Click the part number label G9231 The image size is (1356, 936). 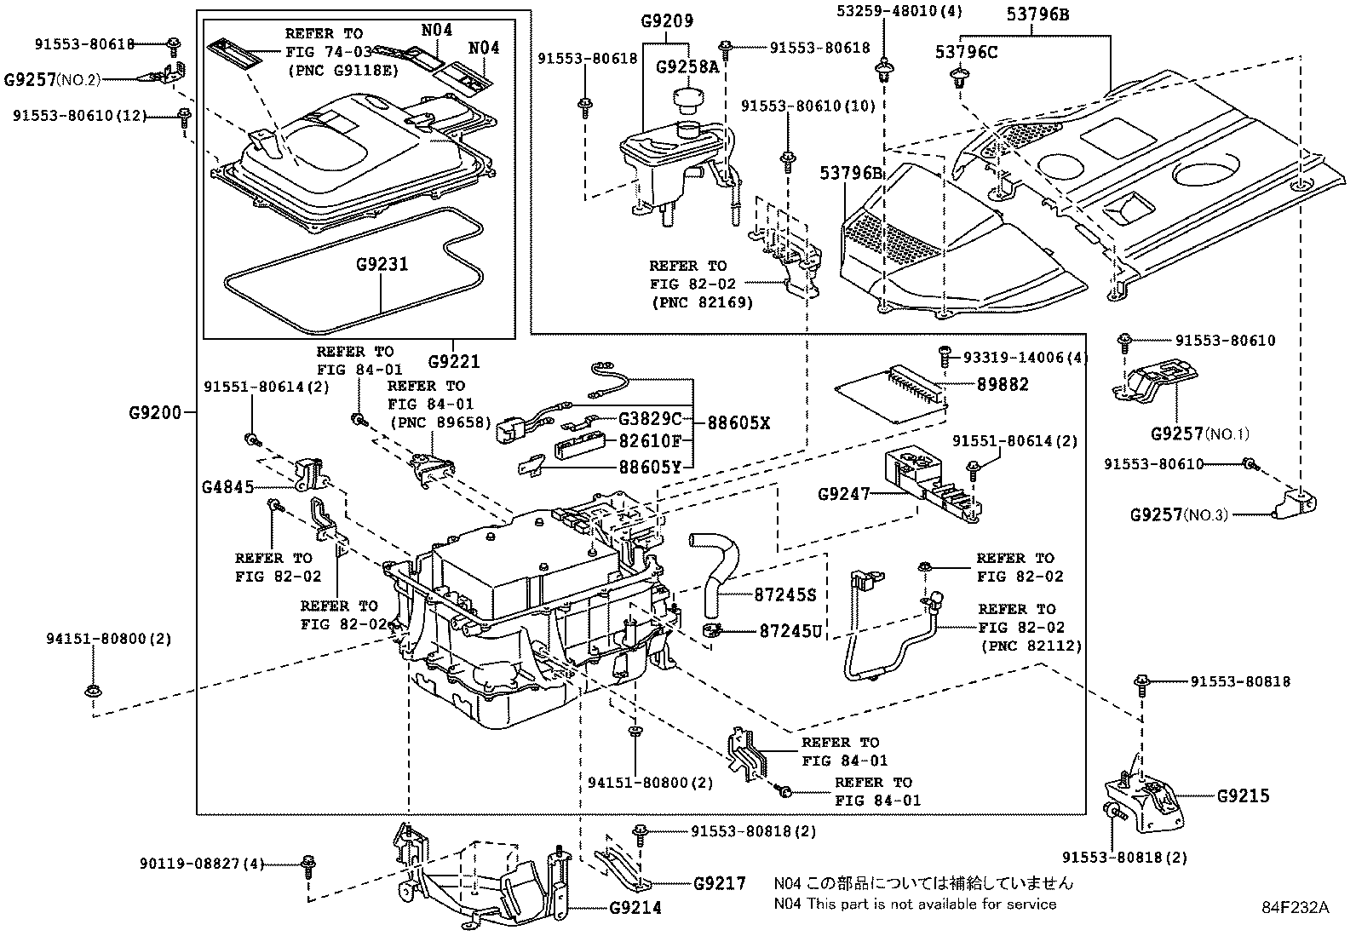382,265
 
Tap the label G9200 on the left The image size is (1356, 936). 156,412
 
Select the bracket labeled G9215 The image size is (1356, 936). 1146,801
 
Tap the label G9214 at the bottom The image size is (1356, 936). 635,908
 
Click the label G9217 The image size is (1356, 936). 720,883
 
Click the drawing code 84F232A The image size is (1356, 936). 1295,908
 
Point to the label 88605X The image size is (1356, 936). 738,422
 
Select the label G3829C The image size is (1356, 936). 650,419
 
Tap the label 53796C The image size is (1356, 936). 967,53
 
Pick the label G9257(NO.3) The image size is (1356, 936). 1179,514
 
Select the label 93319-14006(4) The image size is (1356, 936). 1026,359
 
